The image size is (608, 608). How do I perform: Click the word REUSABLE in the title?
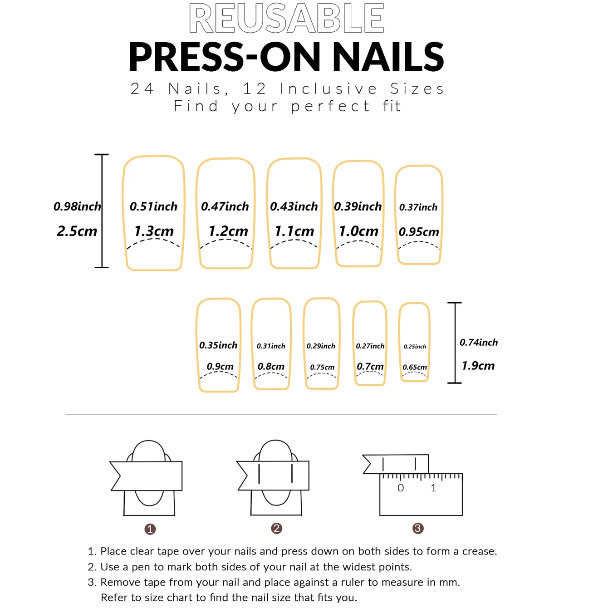286,19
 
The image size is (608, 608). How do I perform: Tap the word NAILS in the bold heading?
388,57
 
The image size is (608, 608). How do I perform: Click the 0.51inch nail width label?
153,206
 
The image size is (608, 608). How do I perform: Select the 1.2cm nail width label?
228,231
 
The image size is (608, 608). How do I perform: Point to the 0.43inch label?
294,206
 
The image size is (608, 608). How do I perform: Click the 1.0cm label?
358,231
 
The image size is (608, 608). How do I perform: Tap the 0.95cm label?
419,232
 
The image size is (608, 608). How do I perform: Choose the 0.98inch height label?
77,206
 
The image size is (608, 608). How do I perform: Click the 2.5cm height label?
77,231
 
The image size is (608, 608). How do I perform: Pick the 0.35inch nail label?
218,345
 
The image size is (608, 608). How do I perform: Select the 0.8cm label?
271,366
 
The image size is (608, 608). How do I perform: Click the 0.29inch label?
321,346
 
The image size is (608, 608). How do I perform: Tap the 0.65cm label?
415,367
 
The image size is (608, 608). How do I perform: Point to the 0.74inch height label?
479,343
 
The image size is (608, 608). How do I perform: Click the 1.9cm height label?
478,366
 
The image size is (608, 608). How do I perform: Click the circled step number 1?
150,529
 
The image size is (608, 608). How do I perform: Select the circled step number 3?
418,528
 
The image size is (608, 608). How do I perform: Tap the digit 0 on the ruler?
401,488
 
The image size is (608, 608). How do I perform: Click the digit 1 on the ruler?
434,488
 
